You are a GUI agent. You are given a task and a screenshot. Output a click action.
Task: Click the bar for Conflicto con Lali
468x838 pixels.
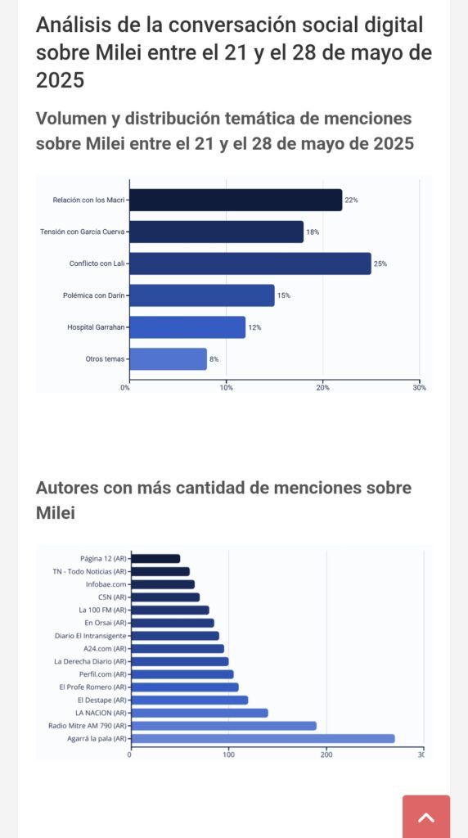[x=250, y=264]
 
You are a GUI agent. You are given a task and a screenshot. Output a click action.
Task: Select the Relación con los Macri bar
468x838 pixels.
[x=236, y=200]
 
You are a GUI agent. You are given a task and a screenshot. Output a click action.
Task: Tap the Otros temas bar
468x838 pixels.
[x=169, y=359]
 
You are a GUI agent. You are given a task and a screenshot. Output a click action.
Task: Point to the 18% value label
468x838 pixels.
[x=313, y=232]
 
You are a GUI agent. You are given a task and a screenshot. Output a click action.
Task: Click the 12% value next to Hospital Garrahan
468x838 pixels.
[x=254, y=327]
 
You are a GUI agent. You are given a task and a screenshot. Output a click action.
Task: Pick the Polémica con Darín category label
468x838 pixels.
[x=95, y=295]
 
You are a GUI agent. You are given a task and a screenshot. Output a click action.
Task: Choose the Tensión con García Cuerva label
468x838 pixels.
[x=83, y=232]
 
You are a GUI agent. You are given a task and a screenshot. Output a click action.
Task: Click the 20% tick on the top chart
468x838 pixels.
[x=322, y=387]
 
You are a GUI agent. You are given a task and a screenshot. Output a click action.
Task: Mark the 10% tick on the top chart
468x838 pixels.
[x=226, y=387]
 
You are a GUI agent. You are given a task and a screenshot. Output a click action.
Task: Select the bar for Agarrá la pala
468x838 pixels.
[x=263, y=739]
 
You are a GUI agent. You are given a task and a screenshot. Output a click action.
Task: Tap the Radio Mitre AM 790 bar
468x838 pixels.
[x=223, y=726]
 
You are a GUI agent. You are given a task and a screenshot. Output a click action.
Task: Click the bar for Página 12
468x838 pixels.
[x=155, y=558]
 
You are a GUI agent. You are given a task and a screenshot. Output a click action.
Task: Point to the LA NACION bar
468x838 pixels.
[x=200, y=713]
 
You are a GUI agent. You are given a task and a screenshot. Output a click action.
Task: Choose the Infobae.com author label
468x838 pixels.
[x=106, y=584]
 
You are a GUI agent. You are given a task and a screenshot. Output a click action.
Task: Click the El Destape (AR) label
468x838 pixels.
[x=102, y=700]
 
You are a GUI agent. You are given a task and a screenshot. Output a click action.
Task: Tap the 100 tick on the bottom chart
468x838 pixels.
[x=228, y=755]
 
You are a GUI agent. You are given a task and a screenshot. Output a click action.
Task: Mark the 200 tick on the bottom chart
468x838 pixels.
[x=326, y=755]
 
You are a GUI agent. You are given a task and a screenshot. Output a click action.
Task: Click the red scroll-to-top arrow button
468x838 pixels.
[x=426, y=817]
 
